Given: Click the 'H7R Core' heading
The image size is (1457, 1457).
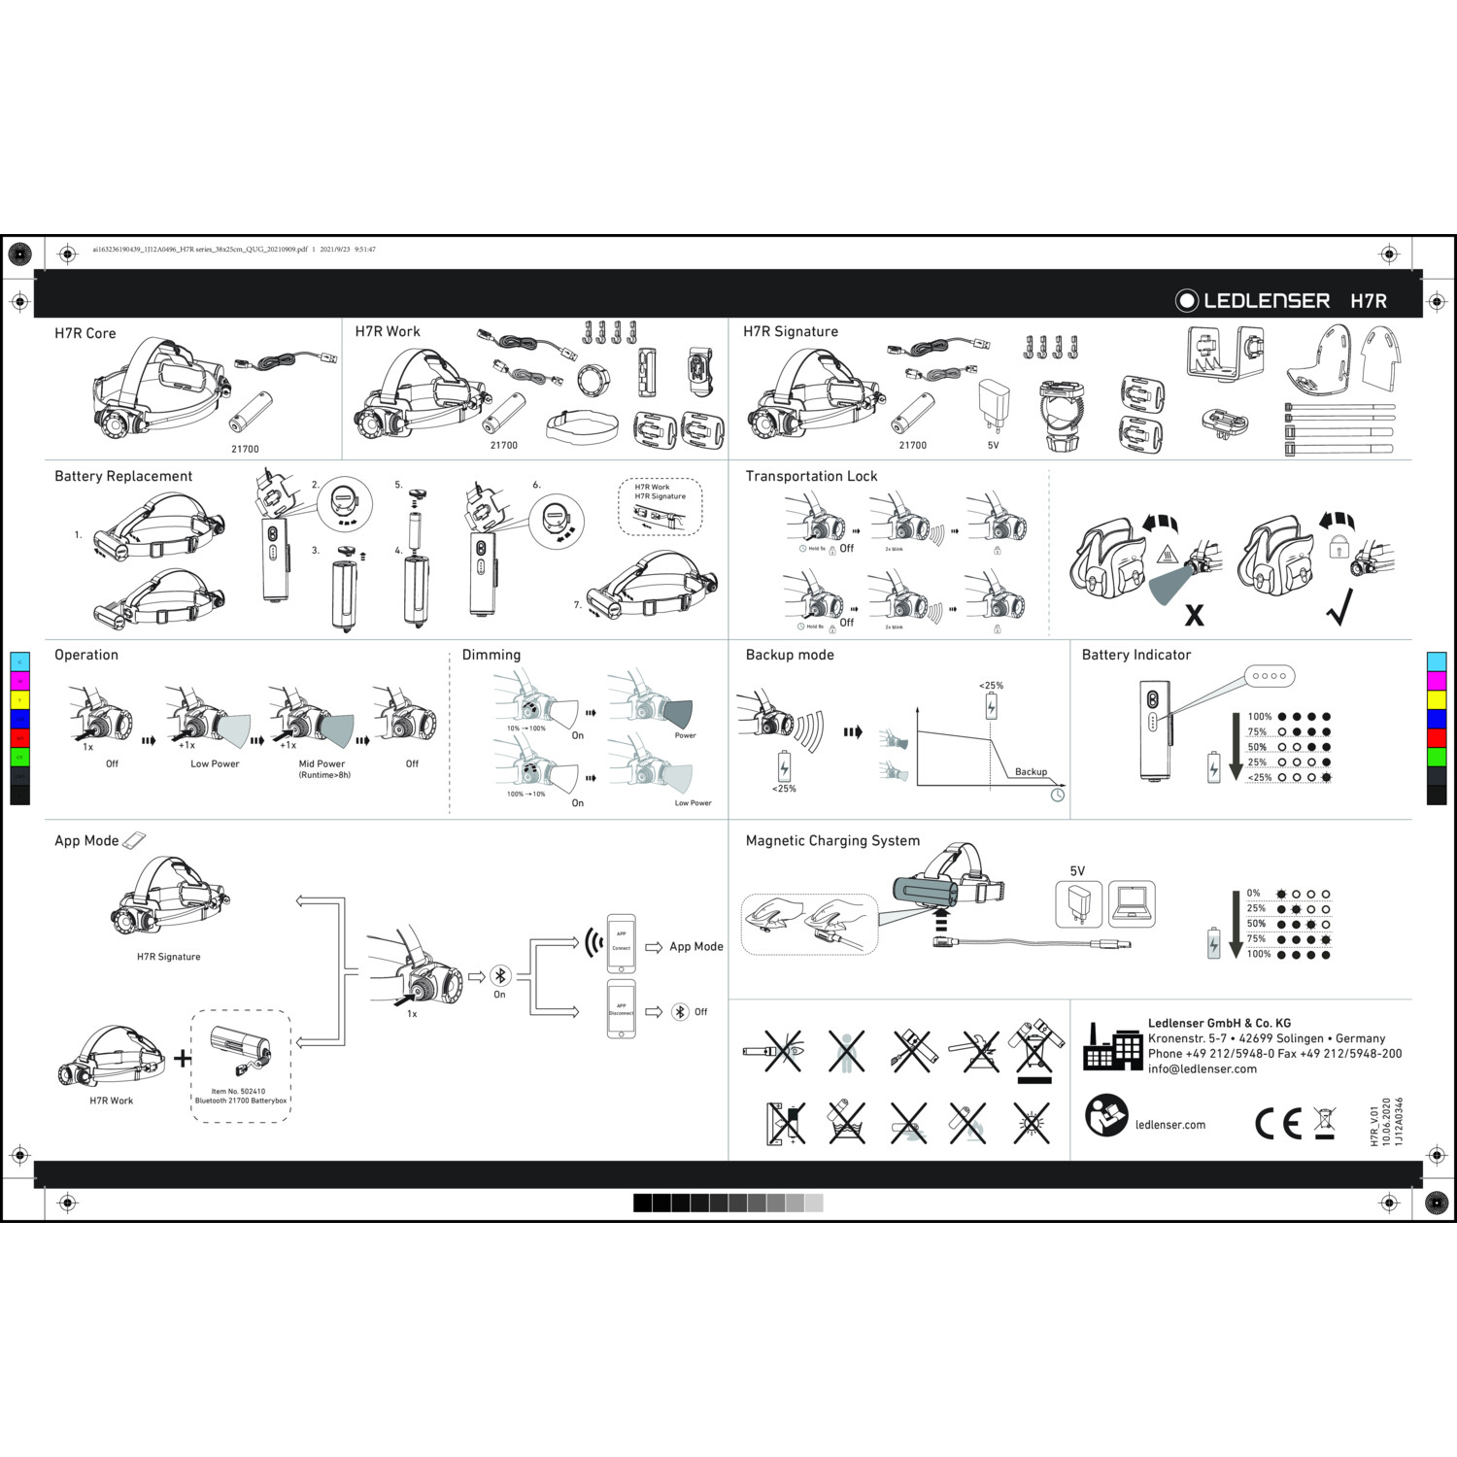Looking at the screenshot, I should tap(85, 333).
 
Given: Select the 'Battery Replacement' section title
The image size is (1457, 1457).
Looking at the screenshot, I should tap(123, 476).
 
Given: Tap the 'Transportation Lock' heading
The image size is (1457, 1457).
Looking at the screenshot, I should tap(811, 476).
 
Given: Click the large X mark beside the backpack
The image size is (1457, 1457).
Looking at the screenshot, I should tap(1194, 615).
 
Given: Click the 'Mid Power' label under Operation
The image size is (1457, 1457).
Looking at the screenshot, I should tap(322, 763).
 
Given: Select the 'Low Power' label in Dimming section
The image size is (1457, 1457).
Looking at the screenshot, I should tap(693, 803).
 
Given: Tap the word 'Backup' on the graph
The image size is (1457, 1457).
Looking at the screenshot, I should tap(1031, 772).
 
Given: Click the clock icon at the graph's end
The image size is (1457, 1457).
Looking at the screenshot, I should tap(1058, 795).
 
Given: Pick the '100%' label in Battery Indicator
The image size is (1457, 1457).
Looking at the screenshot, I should tap(1259, 717).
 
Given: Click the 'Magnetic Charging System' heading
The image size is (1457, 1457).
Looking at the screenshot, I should tap(832, 841).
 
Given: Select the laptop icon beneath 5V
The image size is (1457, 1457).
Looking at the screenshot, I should tap(1132, 904).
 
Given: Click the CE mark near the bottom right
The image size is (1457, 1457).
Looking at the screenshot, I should tap(1277, 1124).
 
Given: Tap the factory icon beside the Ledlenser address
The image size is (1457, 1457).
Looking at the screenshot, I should tap(1112, 1047).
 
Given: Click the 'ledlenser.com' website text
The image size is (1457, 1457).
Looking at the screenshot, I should tap(1169, 1125).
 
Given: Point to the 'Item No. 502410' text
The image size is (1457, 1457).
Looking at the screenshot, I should tap(238, 1091).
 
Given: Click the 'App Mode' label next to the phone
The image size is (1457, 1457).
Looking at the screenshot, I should tap(695, 946).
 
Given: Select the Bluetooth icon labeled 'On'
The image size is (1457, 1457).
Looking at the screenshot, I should tap(500, 976).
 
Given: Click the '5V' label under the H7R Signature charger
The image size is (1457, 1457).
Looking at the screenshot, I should tap(993, 446).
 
